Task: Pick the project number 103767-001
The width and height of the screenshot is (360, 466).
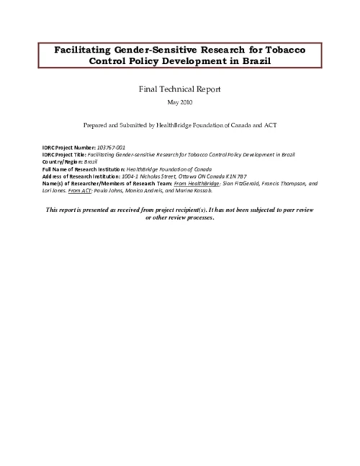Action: click(x=112, y=148)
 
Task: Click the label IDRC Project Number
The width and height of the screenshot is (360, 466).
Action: click(x=69, y=148)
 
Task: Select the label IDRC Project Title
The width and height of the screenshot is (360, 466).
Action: click(x=66, y=155)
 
